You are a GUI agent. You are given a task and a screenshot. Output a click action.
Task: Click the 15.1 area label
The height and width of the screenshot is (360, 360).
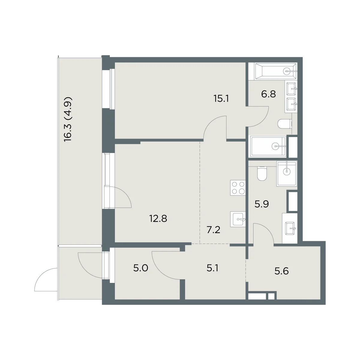point(221,99)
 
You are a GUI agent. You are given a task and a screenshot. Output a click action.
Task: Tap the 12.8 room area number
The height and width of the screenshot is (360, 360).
point(158,218)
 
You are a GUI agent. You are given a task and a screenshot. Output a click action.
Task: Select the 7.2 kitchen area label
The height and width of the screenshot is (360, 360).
point(213,230)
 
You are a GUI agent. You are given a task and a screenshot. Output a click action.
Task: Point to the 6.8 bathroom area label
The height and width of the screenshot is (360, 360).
point(268,94)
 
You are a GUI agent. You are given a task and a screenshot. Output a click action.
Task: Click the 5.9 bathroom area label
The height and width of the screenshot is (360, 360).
point(262,204)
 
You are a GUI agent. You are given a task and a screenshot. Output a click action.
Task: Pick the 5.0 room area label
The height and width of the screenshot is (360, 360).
point(141,268)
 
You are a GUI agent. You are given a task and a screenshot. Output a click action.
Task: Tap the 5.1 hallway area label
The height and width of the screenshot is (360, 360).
point(212,268)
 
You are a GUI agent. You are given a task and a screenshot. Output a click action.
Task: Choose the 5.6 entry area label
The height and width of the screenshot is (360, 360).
point(281,271)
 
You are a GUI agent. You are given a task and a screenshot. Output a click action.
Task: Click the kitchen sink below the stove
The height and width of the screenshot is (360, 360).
point(238,219)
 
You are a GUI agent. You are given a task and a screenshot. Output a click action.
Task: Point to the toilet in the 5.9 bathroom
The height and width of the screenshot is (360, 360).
point(262,174)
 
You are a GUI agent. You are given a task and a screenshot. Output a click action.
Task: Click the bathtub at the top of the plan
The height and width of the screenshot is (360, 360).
point(276,71)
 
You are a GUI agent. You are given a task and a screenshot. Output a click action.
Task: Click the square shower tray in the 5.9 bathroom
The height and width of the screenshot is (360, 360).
point(286,174)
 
